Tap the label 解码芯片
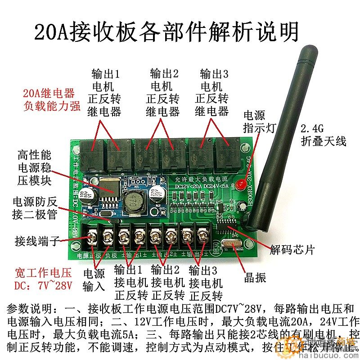292,249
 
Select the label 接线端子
37,240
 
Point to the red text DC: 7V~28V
43,286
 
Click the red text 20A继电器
49,94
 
